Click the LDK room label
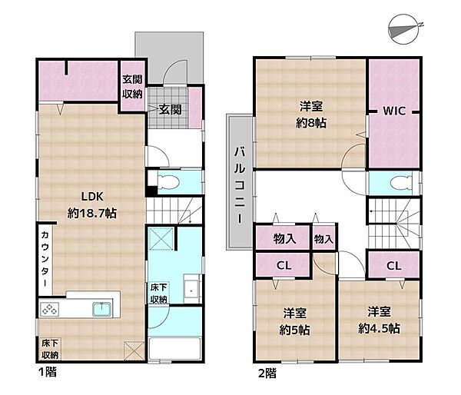tap(92, 197)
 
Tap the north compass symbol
tap(405, 29)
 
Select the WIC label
tap(394, 111)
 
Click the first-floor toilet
tap(168, 181)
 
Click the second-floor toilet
tap(401, 182)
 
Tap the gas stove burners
tap(49, 309)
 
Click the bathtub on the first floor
tap(175, 349)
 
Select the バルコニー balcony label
tap(240, 185)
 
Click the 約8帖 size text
tap(311, 123)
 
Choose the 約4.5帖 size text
tap(379, 328)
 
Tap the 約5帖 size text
tap(294, 330)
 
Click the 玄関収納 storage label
tap(132, 87)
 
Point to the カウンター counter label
tap(45, 259)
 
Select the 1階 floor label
tap(48, 372)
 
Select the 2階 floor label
tap(267, 373)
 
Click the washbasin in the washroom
tap(192, 288)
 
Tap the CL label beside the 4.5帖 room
tap(394, 266)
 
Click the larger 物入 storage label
tap(284, 238)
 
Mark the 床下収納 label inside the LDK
tap(50, 349)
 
